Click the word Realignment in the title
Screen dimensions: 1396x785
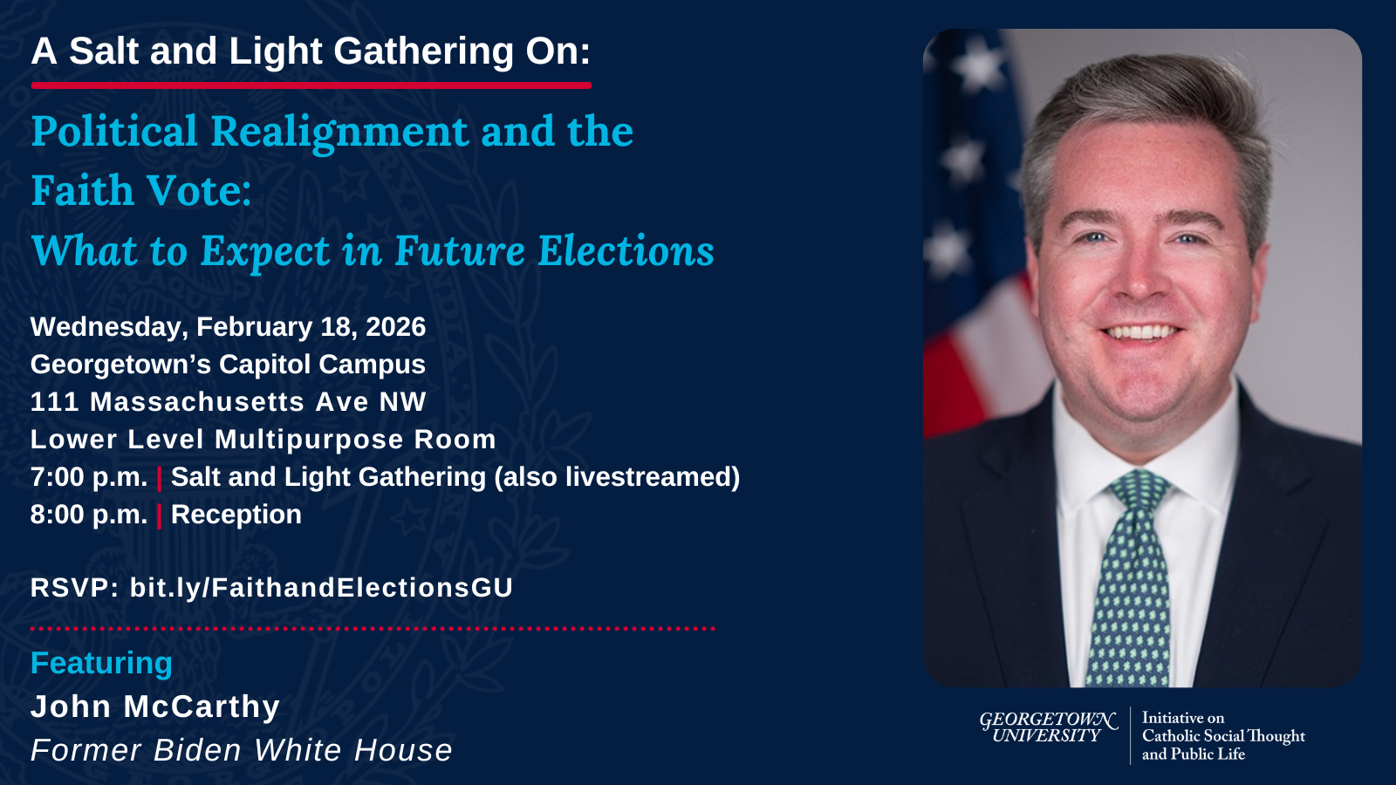[339, 133]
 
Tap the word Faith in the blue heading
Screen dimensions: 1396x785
[83, 190]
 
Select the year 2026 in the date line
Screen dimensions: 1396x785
[396, 327]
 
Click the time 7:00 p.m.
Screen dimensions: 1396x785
[88, 478]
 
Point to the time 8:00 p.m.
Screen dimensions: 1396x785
[88, 515]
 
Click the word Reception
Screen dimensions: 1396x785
[236, 515]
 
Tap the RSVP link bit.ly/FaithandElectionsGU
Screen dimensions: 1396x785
[322, 588]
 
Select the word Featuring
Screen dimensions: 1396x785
[101, 664]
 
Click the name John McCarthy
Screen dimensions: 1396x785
[155, 706]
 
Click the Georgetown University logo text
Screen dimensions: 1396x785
[1048, 727]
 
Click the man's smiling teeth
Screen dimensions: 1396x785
[1142, 332]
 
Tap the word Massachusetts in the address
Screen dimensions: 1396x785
[197, 402]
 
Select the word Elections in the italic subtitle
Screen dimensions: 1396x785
[626, 251]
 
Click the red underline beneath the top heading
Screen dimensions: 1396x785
[311, 85]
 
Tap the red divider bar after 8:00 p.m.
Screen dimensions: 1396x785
[160, 515]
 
